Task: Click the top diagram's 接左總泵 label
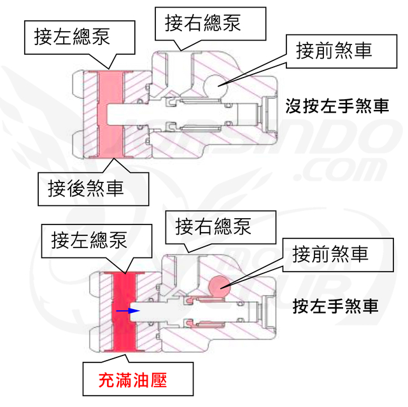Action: tap(73, 37)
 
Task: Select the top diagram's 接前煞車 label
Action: tap(334, 50)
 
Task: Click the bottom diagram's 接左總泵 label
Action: tap(89, 240)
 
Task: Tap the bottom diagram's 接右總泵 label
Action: tap(214, 225)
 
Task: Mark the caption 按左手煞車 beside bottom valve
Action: tap(336, 307)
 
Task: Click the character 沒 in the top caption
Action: tap(293, 105)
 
